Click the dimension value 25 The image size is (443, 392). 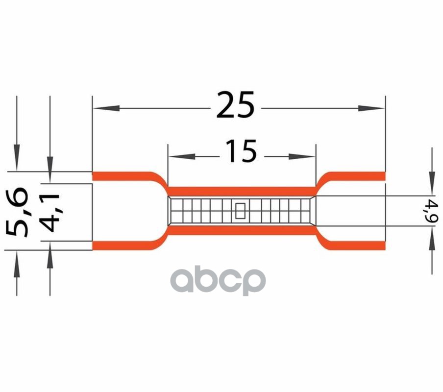click(x=235, y=104)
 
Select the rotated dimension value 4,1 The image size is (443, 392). click(x=49, y=213)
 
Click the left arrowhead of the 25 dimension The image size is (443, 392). click(x=106, y=108)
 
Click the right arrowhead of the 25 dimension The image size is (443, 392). click(x=371, y=108)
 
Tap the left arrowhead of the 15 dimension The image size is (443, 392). click(x=182, y=156)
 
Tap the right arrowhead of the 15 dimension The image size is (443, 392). click(x=301, y=156)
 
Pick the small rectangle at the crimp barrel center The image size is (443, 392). click(x=241, y=211)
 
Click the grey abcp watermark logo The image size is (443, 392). click(x=218, y=280)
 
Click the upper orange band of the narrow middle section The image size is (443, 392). click(x=242, y=191)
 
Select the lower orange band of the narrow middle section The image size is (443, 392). click(x=242, y=230)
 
